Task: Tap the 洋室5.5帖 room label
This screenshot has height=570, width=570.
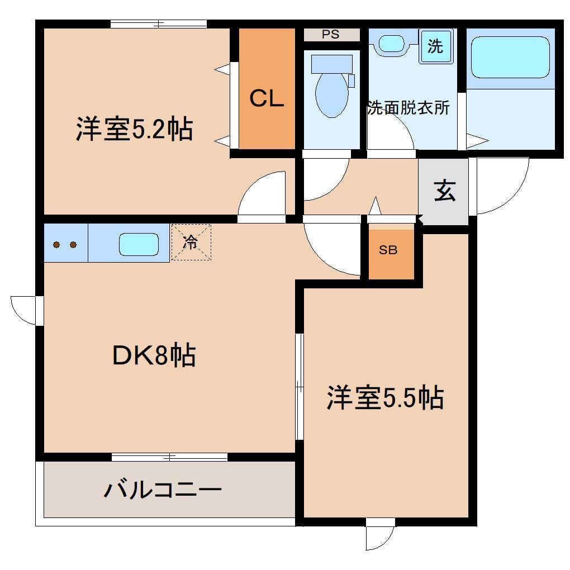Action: tap(385, 398)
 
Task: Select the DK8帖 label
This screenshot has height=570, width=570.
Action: tap(154, 355)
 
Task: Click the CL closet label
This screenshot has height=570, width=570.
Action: tap(267, 99)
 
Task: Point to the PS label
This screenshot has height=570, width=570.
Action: tap(330, 35)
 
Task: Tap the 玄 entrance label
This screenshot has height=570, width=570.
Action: tap(444, 192)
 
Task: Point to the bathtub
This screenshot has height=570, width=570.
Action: tap(510, 57)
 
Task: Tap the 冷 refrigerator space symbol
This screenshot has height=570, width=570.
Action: tap(191, 242)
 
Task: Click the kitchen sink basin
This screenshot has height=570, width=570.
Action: tap(139, 244)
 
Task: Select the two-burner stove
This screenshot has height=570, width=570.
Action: tap(65, 244)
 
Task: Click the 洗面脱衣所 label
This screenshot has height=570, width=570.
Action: tap(408, 108)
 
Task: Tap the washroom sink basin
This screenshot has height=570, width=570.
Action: tap(392, 43)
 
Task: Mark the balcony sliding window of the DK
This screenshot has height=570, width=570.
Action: tap(169, 457)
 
